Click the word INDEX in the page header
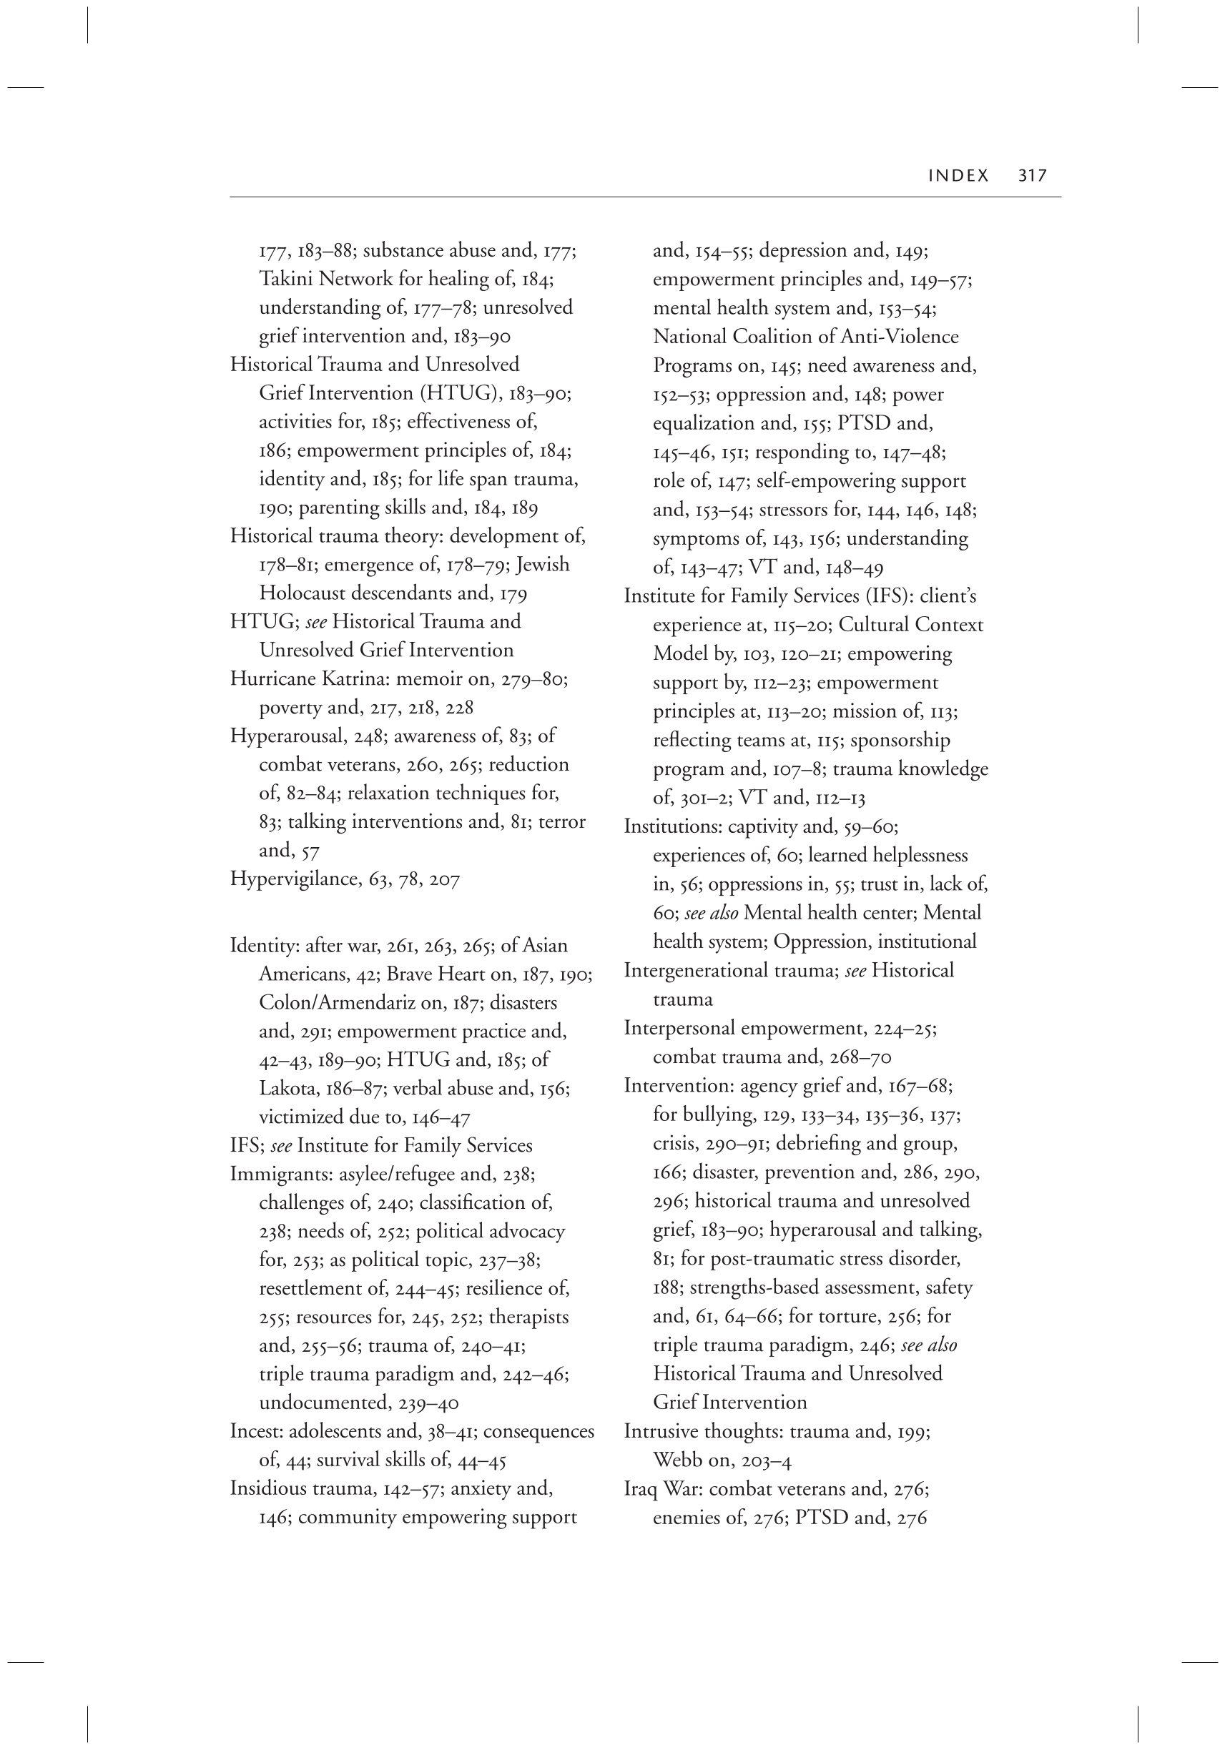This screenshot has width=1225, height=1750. (958, 175)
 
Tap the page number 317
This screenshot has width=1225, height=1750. (1033, 175)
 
